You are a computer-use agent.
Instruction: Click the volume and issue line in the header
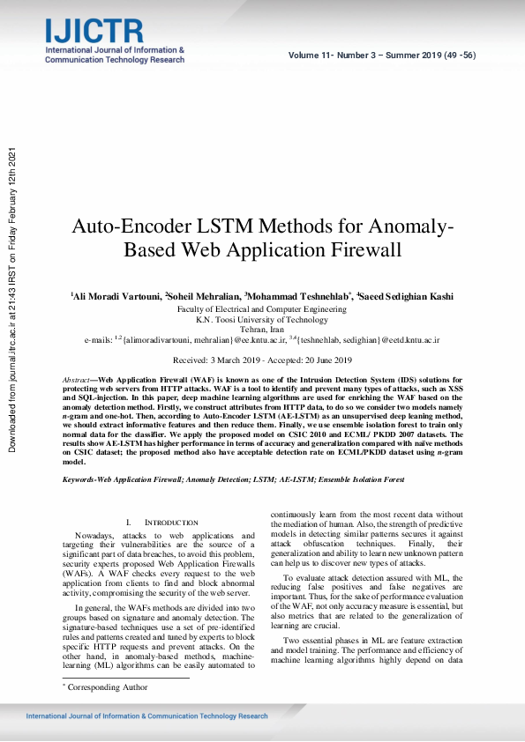(382, 55)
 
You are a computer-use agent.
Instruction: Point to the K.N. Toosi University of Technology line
(262, 319)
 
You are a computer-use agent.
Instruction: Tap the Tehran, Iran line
(262, 329)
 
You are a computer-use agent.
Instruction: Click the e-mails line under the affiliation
(262, 339)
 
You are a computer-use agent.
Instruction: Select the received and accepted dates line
(262, 360)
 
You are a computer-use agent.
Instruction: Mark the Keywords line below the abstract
(233, 479)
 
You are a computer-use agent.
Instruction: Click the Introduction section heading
(159, 523)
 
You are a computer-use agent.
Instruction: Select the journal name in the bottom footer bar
(146, 716)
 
